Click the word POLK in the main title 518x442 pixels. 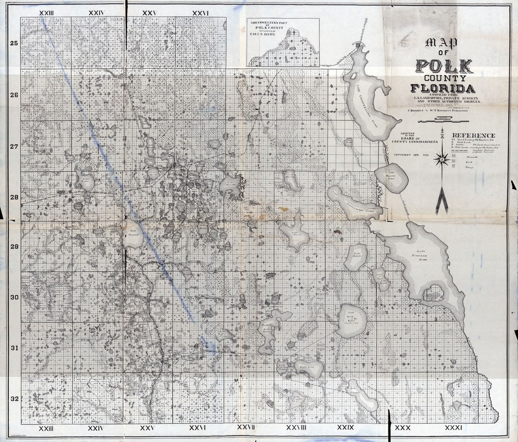point(444,66)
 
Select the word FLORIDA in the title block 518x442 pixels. point(443,88)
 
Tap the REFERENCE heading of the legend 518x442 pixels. point(473,136)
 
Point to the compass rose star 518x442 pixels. point(441,159)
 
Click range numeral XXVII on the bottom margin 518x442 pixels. point(246,427)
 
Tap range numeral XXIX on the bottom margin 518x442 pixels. point(345,427)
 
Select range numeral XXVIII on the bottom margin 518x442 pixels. point(296,427)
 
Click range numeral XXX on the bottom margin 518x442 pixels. point(402,427)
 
